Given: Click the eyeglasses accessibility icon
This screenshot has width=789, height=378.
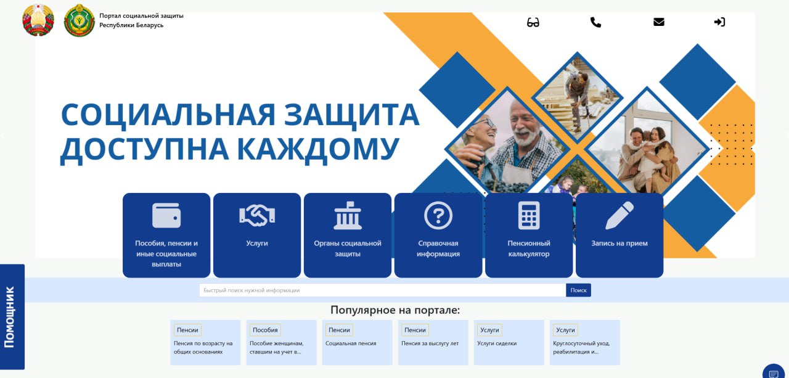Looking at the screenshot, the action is point(533,23).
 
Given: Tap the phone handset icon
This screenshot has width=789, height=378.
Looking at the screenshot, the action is point(595,22).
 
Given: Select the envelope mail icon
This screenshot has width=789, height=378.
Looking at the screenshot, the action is point(659,22).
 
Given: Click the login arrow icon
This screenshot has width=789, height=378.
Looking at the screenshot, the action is point(719,22).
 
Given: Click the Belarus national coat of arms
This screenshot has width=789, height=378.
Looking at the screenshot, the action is point(38,20).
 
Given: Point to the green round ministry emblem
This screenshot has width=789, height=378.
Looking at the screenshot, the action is point(80,20).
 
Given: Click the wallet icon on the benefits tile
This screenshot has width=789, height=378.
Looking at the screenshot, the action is point(166,216).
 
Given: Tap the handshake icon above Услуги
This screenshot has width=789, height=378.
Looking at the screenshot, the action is point(257,215).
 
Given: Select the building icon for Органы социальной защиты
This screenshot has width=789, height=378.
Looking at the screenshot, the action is point(348,216).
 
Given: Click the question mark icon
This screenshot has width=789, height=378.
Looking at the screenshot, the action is point(438,216).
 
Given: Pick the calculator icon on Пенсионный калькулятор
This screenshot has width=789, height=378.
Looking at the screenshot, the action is point(529,216).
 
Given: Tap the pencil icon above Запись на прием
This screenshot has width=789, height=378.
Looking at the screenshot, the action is point(619,216).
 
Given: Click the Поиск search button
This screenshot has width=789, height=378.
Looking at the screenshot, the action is point(578,290).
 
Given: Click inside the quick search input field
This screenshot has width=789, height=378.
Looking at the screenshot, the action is point(383,290).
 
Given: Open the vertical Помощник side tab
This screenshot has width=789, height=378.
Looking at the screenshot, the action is point(12,317).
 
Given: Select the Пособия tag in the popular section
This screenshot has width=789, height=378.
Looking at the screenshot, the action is point(265,330).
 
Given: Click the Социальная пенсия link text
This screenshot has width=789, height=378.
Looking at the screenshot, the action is point(351,343).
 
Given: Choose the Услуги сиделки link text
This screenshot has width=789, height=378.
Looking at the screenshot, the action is point(497,343).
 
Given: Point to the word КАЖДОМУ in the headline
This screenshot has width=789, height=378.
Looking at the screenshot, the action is point(318,149).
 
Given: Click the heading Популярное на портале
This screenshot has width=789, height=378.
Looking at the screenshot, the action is point(395,310).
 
